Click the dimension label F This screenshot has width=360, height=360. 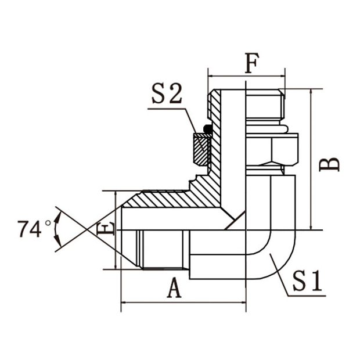coord(250,63)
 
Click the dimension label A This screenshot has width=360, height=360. coord(174,287)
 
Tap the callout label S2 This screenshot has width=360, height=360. coord(168,95)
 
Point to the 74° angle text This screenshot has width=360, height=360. coord(30,229)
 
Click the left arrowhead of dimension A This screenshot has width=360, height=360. coord(124,302)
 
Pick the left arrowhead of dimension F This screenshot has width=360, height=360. coord(210,75)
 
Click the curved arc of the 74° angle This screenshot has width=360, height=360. coord(56,229)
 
